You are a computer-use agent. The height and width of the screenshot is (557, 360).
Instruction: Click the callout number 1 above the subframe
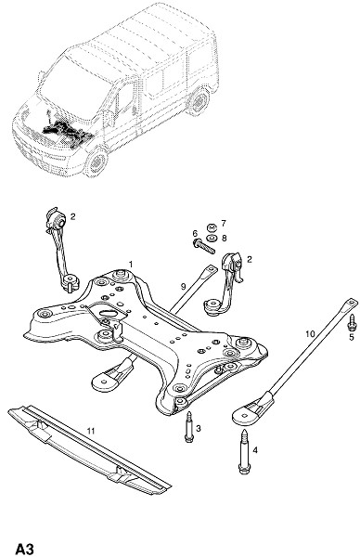tap(131, 264)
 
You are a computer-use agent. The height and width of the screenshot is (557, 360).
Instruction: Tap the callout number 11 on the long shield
tap(91, 431)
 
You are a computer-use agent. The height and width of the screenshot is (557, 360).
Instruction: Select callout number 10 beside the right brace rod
tap(310, 333)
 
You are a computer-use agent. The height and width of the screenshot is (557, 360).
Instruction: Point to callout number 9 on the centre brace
tap(183, 286)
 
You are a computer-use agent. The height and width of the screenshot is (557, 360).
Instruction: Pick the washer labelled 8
tap(212, 238)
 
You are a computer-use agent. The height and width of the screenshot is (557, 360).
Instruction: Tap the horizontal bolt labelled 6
tap(203, 246)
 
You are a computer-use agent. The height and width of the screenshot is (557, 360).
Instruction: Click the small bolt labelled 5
tap(353, 322)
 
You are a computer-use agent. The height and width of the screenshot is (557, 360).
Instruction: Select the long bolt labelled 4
tap(244, 452)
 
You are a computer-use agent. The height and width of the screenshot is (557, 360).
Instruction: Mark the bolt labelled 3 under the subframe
tap(188, 427)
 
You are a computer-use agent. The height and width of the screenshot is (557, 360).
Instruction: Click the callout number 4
tap(255, 450)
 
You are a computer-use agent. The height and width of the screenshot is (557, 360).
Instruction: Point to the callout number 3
tap(199, 428)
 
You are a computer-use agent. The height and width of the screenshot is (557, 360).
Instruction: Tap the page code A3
tap(25, 549)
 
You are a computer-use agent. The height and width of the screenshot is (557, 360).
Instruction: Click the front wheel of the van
tap(96, 162)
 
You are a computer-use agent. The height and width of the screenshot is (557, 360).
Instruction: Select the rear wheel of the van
tap(199, 102)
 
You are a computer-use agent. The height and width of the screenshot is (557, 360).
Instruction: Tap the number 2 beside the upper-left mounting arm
tap(72, 216)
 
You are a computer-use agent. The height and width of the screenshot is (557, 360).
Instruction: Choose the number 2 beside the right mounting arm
tap(250, 259)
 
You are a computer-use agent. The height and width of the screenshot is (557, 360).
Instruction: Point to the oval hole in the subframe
tap(109, 314)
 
